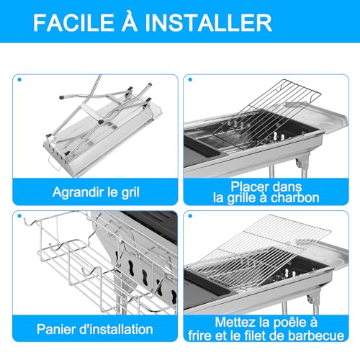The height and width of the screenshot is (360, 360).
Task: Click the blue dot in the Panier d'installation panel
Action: (x=20, y=215)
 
